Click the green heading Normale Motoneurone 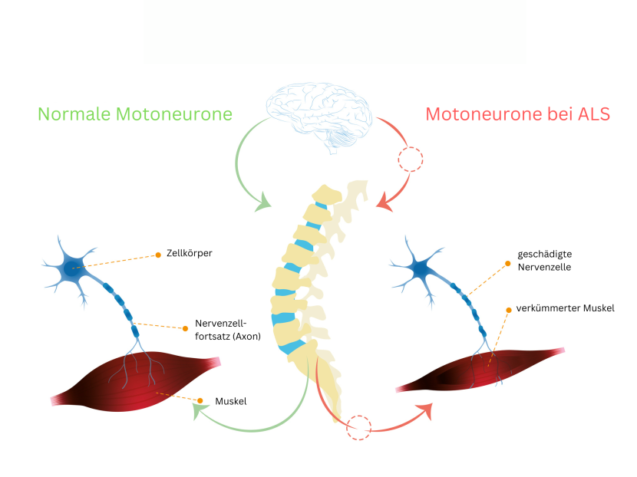point(135,114)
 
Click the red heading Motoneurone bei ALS point(517,114)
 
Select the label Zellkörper point(190,253)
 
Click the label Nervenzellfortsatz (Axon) point(228,330)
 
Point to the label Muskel point(231,401)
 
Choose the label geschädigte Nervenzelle point(544,260)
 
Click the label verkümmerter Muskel point(565,308)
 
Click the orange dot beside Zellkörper point(158,255)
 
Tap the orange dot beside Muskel point(200,400)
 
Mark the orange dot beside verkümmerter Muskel point(509,310)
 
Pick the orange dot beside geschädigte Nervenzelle point(507,264)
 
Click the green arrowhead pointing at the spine point(263,202)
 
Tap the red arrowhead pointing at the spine point(385,202)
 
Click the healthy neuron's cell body point(71,268)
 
